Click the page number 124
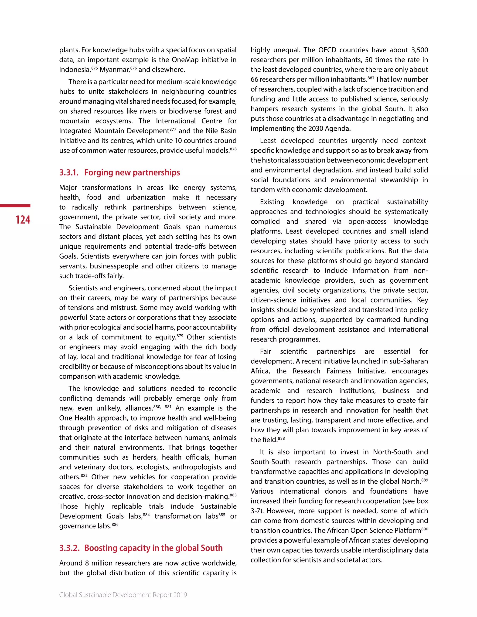coord(23,220)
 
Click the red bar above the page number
coord(15,206)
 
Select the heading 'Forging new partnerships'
coord(132,172)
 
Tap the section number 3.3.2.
coord(69,548)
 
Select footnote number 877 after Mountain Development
coord(173,129)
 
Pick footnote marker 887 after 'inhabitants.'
coord(371,78)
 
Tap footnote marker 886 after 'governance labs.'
coord(115,524)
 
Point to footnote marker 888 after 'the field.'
coord(281,438)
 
